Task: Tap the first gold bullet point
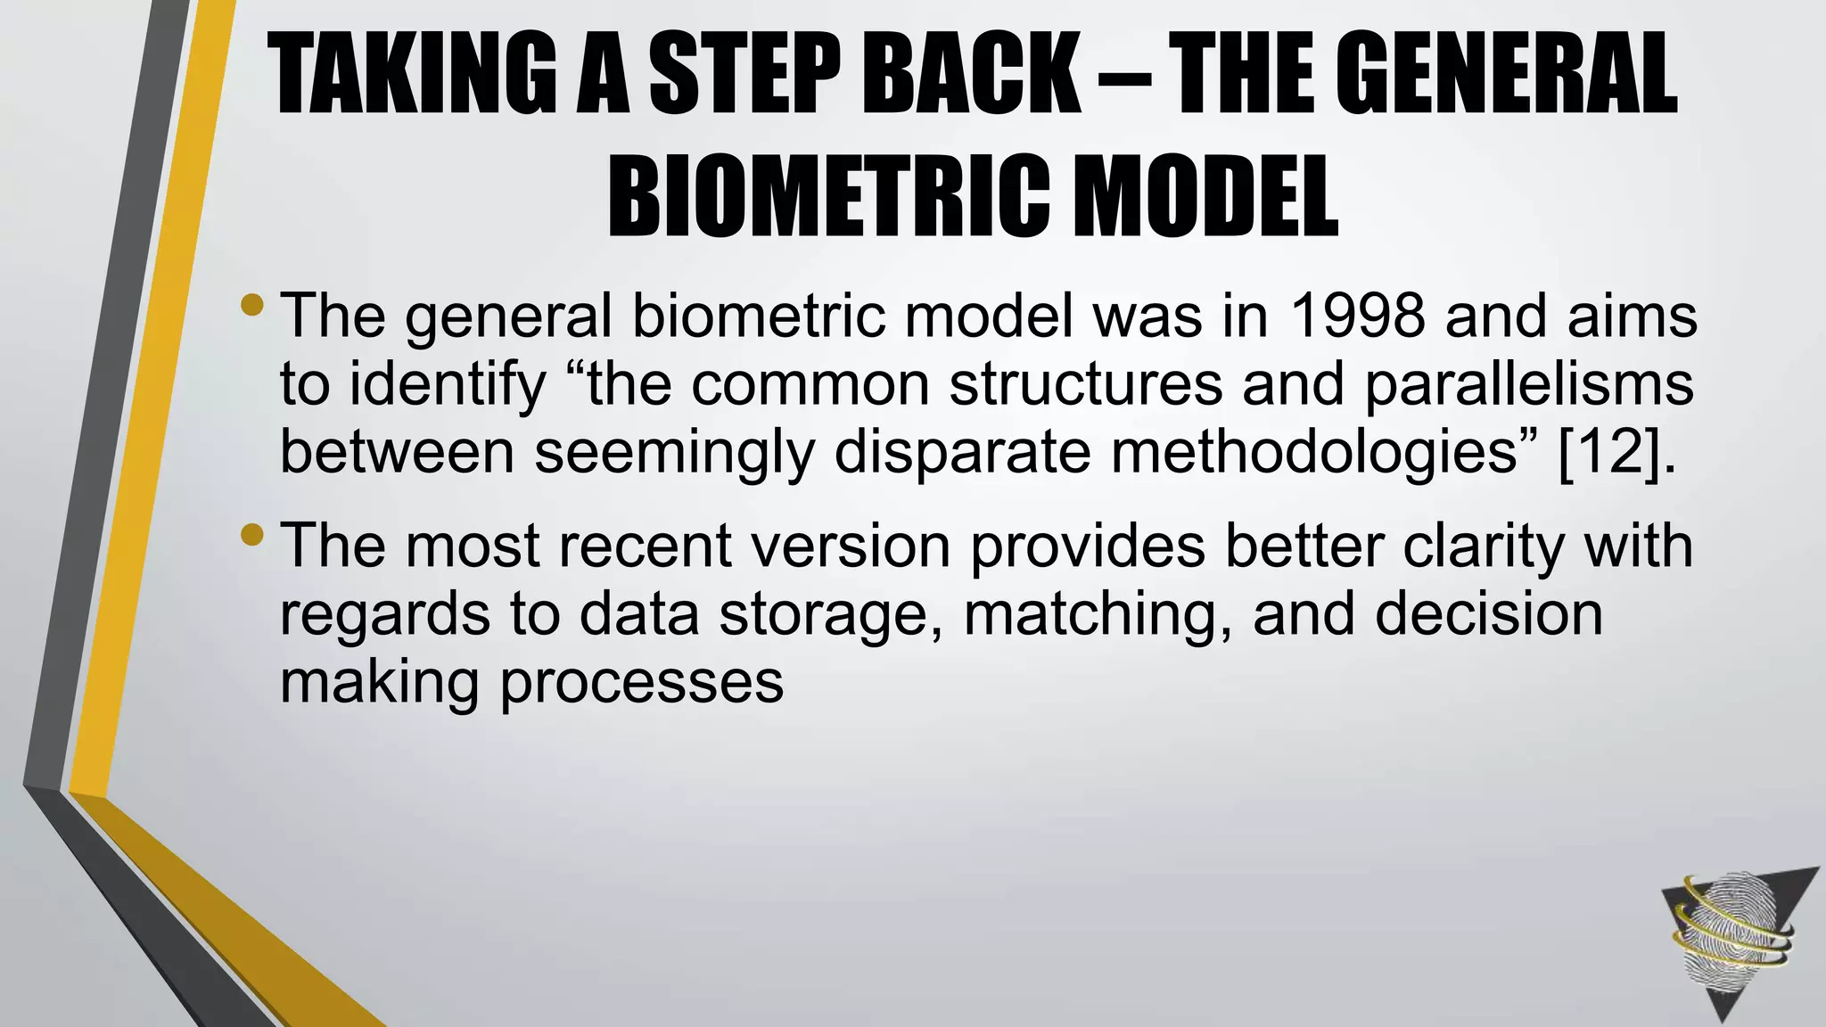point(252,306)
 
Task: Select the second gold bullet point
point(252,535)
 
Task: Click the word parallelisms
point(1529,384)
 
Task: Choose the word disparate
point(963,452)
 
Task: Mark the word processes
point(641,683)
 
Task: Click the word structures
point(1085,384)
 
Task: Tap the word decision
point(1488,614)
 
